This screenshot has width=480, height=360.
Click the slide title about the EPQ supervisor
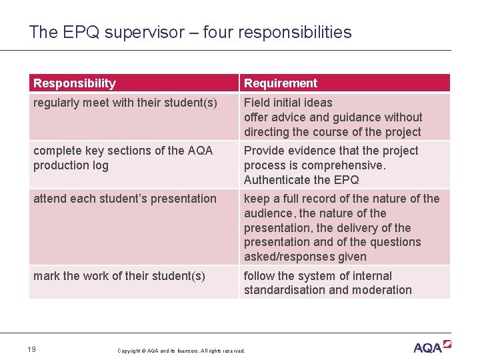[190, 32]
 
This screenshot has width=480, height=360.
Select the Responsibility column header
[75, 83]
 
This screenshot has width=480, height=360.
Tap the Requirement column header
[281, 83]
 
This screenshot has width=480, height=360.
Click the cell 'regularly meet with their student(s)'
[125, 103]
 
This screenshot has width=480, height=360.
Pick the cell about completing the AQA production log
[123, 158]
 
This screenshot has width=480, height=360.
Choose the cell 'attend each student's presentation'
[125, 199]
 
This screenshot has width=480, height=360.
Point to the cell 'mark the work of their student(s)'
[119, 276]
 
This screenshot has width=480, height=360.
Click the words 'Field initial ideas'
[288, 103]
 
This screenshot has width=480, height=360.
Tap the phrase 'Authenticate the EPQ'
[301, 180]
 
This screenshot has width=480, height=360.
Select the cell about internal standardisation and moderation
[328, 283]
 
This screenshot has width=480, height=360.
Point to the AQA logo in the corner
[432, 347]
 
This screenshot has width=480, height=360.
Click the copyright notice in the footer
[181, 351]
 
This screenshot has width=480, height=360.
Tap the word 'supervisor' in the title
[142, 32]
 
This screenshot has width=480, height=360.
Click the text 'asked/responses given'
[305, 257]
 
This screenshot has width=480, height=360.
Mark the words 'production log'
[71, 165]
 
